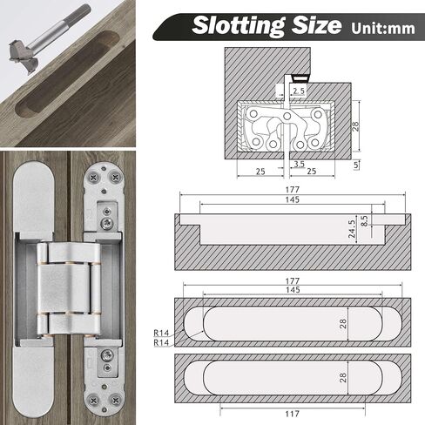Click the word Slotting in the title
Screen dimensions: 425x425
click(x=238, y=26)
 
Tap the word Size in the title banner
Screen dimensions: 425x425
click(x=316, y=24)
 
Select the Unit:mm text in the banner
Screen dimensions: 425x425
click(x=383, y=28)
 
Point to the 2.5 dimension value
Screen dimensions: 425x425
click(x=299, y=91)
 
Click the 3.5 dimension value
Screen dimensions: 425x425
click(x=299, y=164)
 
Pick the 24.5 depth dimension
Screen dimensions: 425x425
click(x=352, y=229)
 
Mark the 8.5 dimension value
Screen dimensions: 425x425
click(x=365, y=220)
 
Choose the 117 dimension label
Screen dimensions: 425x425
click(x=292, y=414)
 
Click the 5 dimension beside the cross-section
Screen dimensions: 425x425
click(x=356, y=165)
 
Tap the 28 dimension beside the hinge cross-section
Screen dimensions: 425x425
click(x=355, y=126)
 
